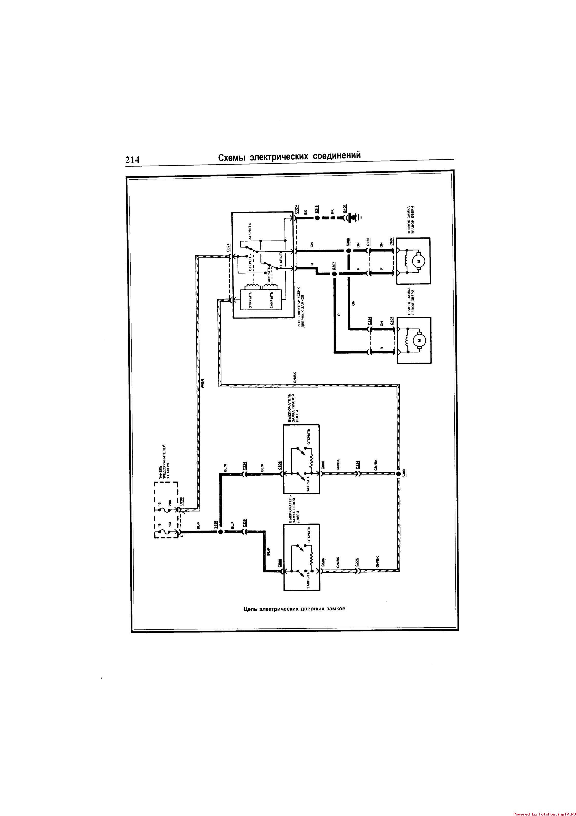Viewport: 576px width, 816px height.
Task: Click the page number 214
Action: point(132,160)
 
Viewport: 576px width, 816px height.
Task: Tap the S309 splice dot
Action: point(398,473)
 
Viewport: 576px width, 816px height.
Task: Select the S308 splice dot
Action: point(349,251)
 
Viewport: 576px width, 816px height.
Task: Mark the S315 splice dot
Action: point(317,217)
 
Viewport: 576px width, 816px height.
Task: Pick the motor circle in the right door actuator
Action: point(418,261)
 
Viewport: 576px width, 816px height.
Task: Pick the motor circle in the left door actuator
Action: point(418,340)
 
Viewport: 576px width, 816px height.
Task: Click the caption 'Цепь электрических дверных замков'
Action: point(295,608)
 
